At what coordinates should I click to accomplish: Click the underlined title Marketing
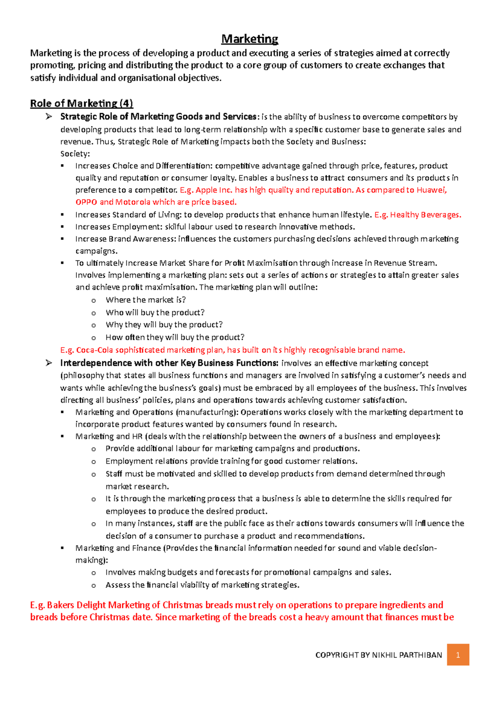(249, 39)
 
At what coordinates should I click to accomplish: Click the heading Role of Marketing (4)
(82, 103)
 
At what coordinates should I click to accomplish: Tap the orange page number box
(458, 655)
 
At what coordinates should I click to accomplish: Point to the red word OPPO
(86, 202)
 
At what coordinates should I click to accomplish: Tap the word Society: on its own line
(75, 153)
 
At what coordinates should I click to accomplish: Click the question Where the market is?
(146, 300)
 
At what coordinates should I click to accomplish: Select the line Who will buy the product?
(155, 312)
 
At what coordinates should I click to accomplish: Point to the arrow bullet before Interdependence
(49, 363)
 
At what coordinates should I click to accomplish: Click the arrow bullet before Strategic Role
(49, 116)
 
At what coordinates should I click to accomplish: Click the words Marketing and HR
(109, 436)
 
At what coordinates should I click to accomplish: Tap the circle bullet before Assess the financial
(94, 585)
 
